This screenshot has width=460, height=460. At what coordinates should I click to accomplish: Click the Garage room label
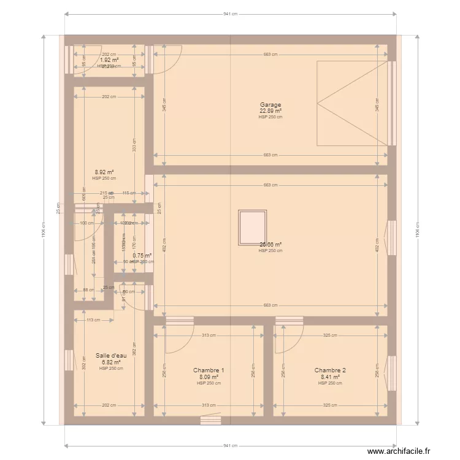270,105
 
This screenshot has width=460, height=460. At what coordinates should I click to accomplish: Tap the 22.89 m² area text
270,111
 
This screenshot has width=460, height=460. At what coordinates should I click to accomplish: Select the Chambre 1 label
209,370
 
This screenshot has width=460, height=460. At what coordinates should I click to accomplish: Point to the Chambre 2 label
330,370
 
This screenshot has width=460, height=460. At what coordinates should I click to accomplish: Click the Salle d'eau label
111,356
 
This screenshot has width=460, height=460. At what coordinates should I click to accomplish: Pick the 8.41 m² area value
330,377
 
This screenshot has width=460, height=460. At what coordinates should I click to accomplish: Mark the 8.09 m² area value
209,377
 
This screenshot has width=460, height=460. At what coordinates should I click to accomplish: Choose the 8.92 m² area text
104,172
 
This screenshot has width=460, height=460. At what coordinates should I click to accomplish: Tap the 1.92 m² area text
109,60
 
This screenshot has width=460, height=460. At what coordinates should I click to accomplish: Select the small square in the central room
253,227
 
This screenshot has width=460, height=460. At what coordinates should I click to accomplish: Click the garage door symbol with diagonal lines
352,103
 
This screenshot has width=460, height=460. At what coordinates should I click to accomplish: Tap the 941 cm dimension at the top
230,13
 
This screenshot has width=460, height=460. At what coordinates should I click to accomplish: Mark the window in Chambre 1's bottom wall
210,420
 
